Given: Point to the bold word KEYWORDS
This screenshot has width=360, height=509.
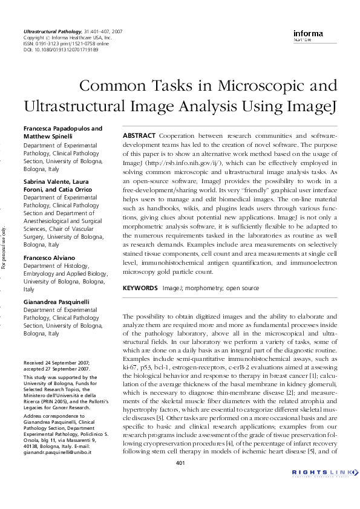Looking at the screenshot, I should tap(140, 288).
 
